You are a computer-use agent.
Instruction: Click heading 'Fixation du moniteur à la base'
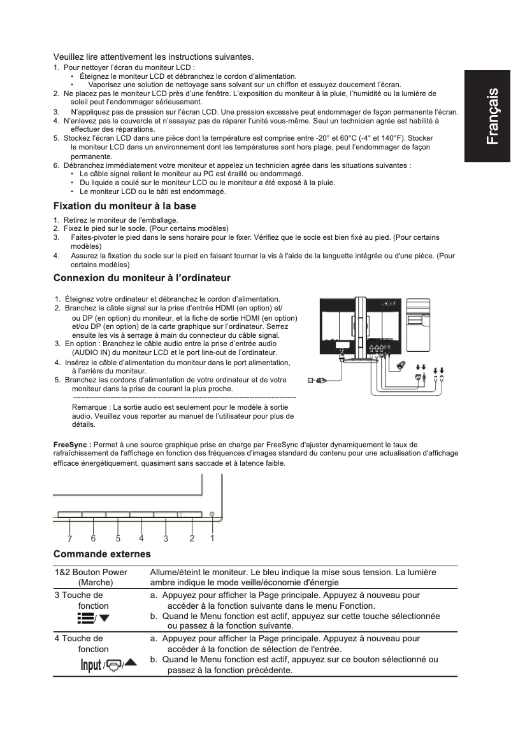124,206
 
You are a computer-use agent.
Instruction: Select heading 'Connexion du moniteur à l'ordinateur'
141,278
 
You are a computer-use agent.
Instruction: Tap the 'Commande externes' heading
102,554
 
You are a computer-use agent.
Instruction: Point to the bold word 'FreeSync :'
72,445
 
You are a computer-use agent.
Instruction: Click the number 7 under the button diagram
69,539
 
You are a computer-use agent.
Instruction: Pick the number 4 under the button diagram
141,538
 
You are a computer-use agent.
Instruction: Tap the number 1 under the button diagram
213,537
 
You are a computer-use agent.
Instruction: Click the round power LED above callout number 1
212,514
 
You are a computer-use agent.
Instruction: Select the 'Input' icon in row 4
90,665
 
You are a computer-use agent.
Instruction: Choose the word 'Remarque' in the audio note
91,405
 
